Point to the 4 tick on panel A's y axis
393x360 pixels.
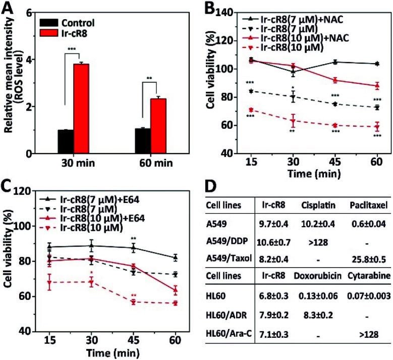[x=30, y=60]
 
